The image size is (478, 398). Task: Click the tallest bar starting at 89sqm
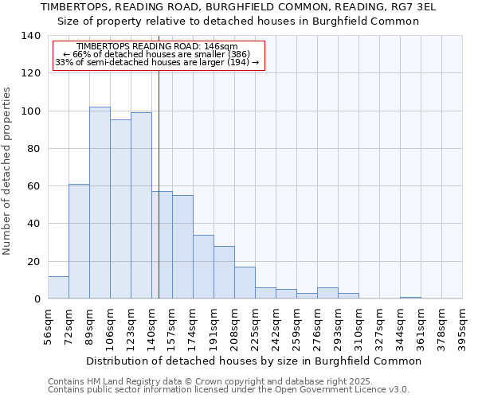[100, 203]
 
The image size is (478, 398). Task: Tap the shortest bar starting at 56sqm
[58, 287]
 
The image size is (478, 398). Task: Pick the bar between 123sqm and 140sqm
[141, 205]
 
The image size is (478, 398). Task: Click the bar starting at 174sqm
[203, 267]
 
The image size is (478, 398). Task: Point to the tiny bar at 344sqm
[410, 298]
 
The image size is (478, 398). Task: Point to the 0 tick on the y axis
[37, 299]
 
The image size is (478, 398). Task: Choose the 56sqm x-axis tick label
[49, 326]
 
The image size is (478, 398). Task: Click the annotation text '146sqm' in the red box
[222, 47]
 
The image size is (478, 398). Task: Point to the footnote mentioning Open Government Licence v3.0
[229, 390]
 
